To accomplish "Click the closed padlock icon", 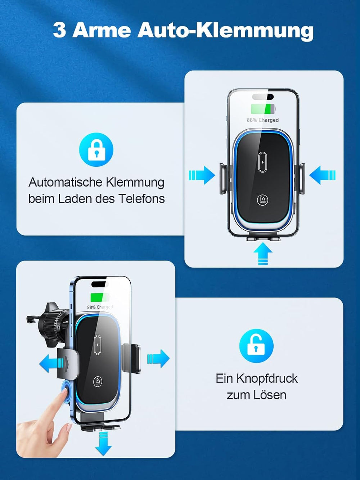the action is [x=96, y=150].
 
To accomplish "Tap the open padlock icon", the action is [x=256, y=346].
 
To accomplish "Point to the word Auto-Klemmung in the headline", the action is [x=226, y=31].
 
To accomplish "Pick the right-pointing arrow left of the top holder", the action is [x=202, y=175].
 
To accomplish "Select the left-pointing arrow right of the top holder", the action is [x=323, y=175].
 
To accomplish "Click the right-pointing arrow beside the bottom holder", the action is [x=158, y=358].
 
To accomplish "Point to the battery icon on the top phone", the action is [x=263, y=109].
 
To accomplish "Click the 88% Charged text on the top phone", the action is [x=263, y=120].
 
